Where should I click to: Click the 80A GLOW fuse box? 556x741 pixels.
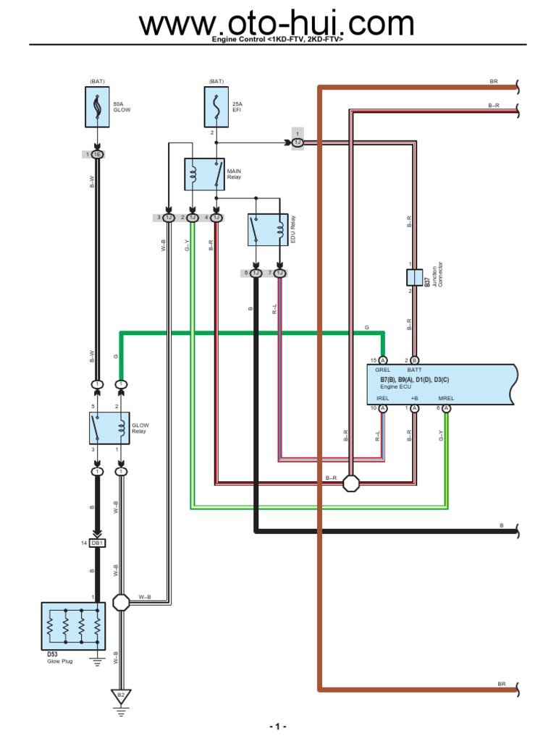tap(97, 107)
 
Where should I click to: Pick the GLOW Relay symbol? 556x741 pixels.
tap(109, 428)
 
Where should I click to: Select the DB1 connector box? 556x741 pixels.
tap(97, 543)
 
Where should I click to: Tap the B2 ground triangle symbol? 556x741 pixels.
tap(121, 696)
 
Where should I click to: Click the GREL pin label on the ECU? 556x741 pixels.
tap(382, 369)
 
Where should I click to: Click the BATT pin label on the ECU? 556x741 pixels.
tap(414, 369)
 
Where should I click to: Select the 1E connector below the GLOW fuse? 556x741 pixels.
tap(97, 155)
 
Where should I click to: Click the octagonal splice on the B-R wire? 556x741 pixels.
tap(351, 483)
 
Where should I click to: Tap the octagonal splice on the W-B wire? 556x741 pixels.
tap(121, 601)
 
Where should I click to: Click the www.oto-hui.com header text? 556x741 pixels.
tap(277, 24)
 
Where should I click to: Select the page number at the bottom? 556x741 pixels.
tap(278, 727)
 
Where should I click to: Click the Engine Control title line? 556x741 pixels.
tap(277, 41)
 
